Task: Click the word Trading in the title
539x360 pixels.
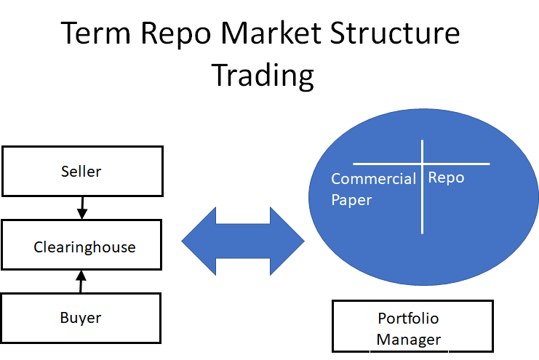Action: [263, 76]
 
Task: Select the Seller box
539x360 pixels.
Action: [81, 172]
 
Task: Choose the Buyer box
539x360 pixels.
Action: [81, 318]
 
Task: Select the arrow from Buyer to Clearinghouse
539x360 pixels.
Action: [81, 282]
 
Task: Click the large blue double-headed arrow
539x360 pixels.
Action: [242, 241]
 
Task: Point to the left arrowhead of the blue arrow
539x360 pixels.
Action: [199, 241]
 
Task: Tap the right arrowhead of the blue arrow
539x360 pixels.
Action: [287, 241]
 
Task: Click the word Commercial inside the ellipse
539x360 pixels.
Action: [373, 179]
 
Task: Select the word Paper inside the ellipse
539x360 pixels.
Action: [351, 199]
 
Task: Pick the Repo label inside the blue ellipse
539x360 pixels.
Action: [446, 178]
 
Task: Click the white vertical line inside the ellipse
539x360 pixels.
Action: [423, 211]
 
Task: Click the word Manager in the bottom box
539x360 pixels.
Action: [408, 339]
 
